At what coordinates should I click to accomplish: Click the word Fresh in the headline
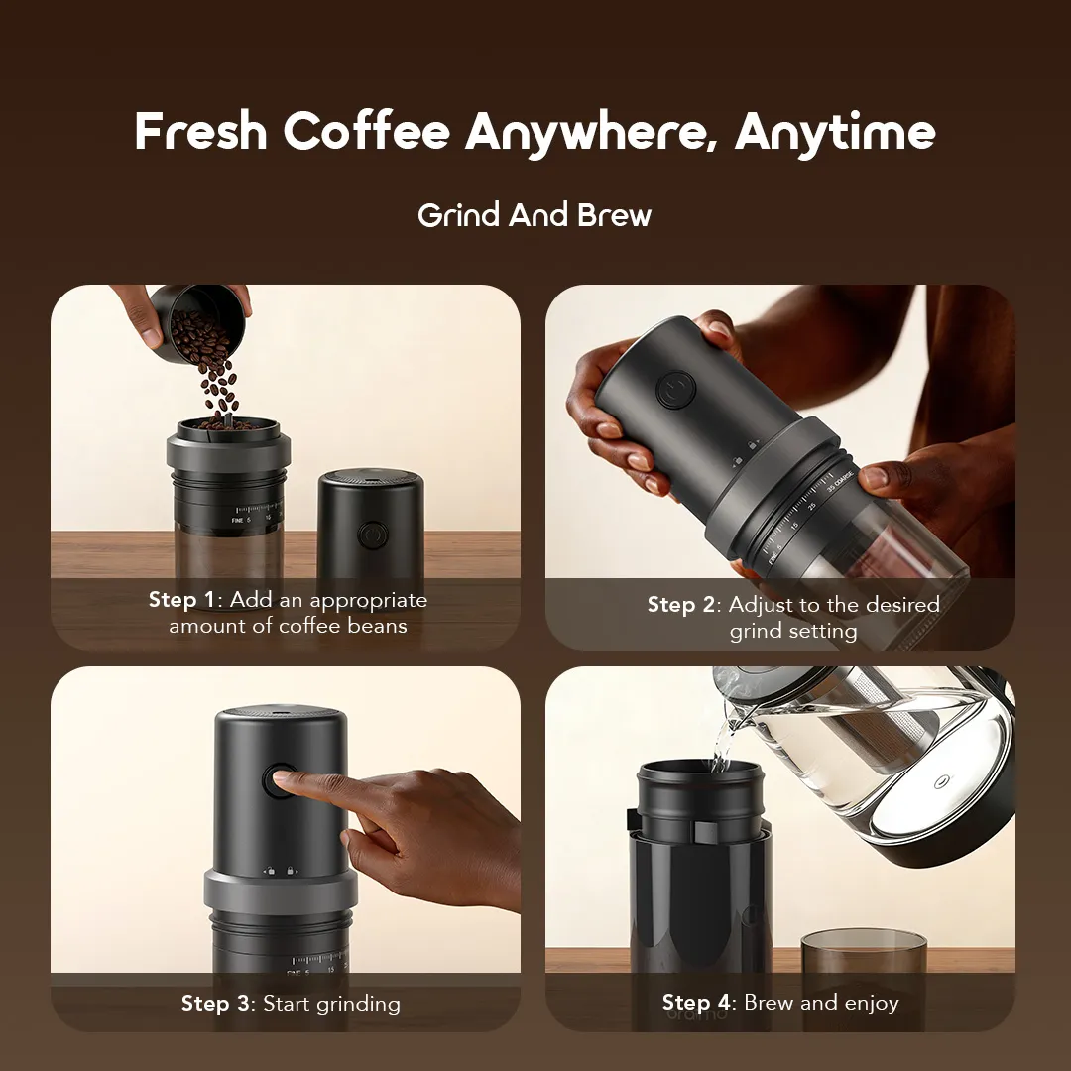(x=200, y=130)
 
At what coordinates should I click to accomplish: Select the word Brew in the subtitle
(x=614, y=215)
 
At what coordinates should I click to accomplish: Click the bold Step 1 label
(x=181, y=600)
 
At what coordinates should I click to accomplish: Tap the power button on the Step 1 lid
(x=373, y=535)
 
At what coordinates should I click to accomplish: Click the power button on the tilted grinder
(x=675, y=390)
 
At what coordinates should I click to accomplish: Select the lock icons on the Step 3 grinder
(x=280, y=871)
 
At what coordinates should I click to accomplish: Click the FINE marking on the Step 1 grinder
(x=237, y=521)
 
